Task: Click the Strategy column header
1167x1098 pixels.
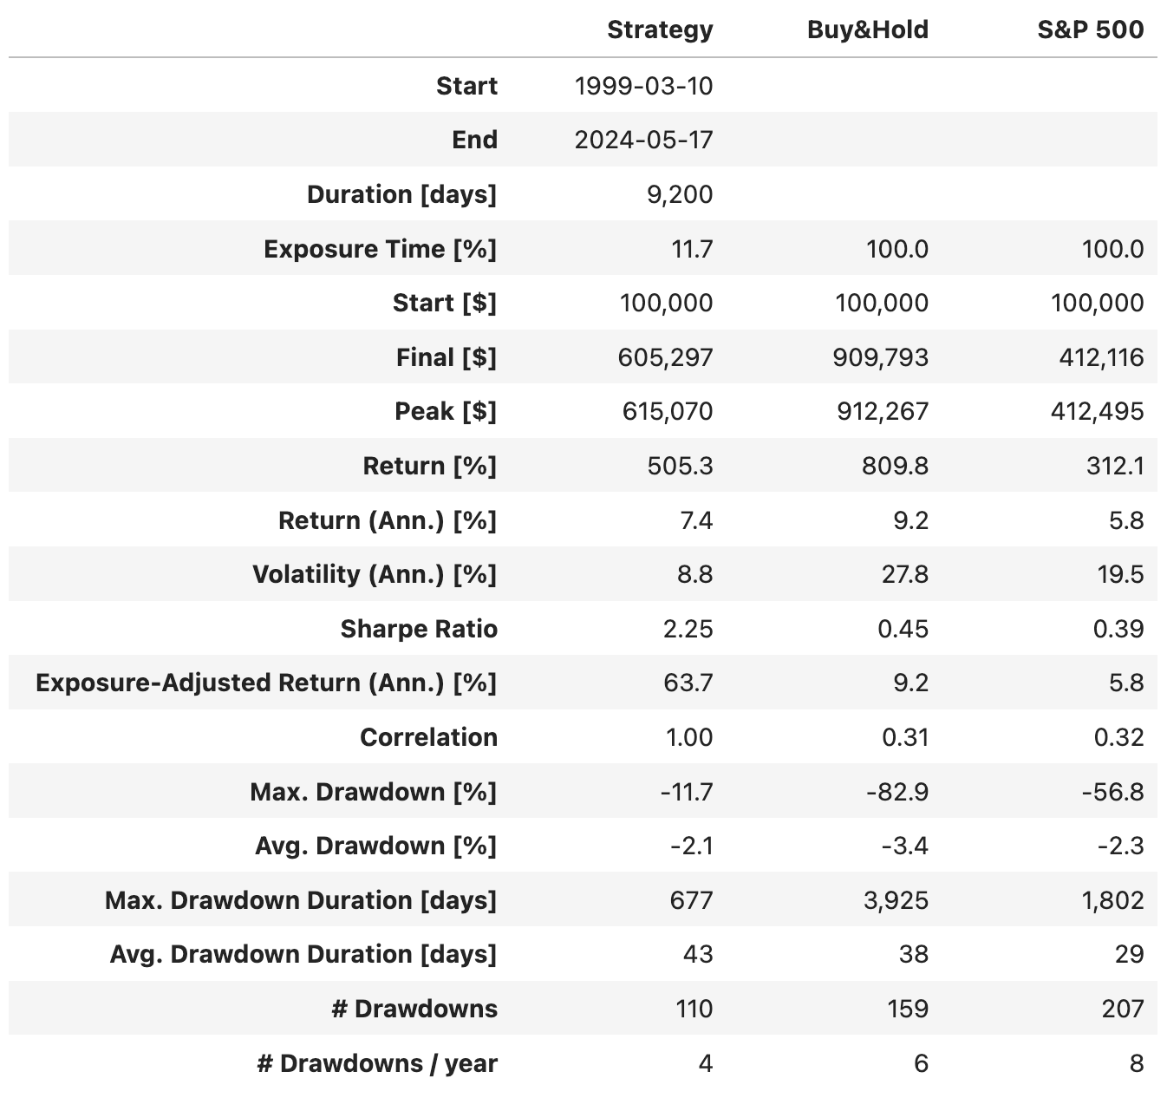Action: coord(660,30)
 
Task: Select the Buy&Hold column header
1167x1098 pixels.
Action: coord(867,30)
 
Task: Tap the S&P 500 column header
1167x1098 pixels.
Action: coord(1090,30)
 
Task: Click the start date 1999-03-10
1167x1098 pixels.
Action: coord(643,86)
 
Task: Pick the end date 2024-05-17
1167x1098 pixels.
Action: coord(643,140)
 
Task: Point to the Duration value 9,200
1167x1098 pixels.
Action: coord(680,194)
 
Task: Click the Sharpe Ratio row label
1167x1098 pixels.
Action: coord(419,629)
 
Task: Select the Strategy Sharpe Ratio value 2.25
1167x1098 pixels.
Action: coord(688,629)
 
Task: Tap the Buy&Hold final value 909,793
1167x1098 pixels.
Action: coord(881,357)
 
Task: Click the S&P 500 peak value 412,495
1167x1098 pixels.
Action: coord(1097,411)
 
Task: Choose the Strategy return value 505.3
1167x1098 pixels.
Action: coord(680,466)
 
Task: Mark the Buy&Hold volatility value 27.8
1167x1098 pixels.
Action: coord(904,574)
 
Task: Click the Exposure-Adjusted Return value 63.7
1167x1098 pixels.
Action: coord(688,683)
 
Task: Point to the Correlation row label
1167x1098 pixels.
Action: coord(428,737)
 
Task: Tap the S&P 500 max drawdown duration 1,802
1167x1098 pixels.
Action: coord(1112,900)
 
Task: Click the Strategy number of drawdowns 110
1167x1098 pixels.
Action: coord(694,1009)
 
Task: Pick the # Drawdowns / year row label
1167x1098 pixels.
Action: coord(377,1063)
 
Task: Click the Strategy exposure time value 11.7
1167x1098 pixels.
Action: coord(691,249)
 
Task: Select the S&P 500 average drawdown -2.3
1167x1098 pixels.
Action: coord(1120,846)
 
